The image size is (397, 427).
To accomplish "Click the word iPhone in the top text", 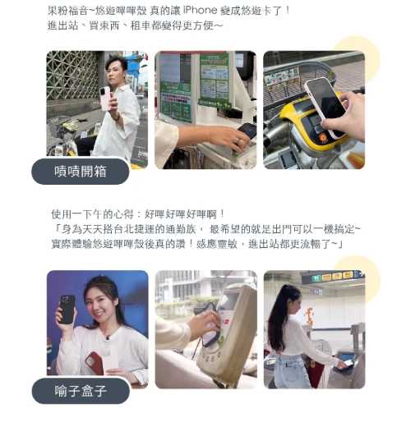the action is pos(200,10).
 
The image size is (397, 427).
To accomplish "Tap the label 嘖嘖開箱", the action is pos(81,172).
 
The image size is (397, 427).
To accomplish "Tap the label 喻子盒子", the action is pos(81,391).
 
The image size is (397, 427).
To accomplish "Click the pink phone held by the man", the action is pos(106,99).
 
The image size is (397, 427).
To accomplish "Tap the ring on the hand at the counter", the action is pos(238,140).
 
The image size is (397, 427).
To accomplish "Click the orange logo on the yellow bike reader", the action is pos(323,137).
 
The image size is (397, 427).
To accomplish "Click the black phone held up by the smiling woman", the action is pos(67,310).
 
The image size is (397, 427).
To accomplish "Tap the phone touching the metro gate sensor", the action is pos(346,364).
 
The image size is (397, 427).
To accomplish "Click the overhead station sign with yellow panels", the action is pos(333,277).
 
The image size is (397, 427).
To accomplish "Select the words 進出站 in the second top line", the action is pos(63,25).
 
